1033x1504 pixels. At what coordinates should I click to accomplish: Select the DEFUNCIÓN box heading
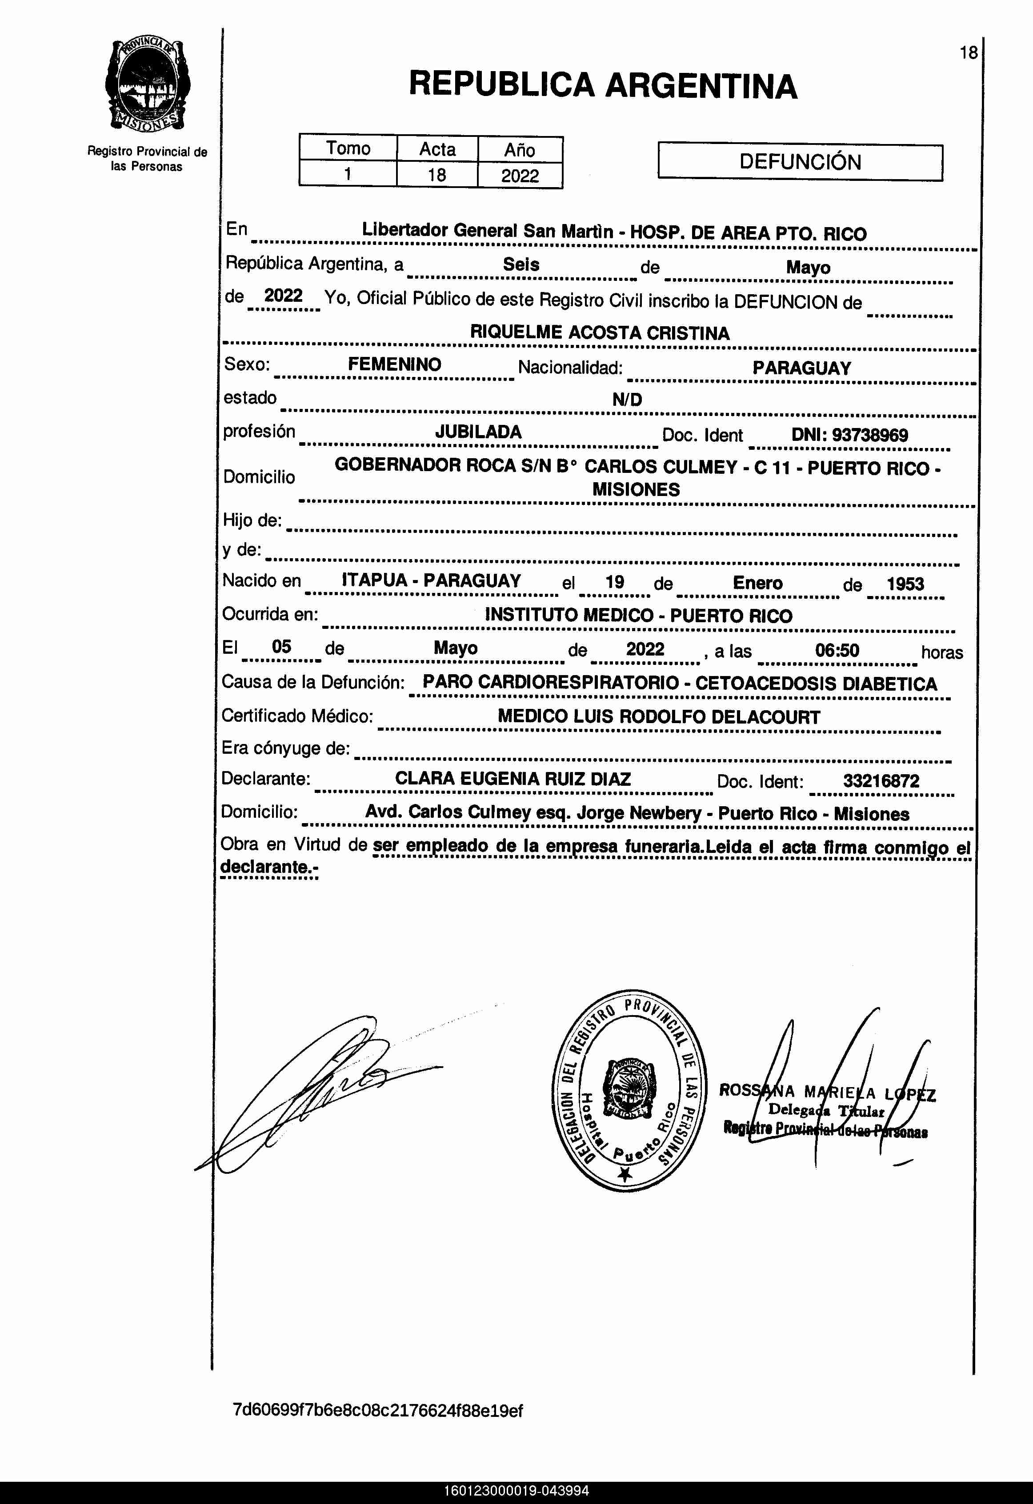[x=800, y=162]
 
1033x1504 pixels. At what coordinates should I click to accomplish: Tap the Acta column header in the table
[x=437, y=149]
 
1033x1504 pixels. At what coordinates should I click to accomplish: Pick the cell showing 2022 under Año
[x=520, y=176]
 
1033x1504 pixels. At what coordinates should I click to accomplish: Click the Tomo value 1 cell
[x=348, y=174]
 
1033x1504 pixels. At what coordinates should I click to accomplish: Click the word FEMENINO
[x=394, y=364]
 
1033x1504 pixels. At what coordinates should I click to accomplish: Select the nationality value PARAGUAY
[x=801, y=368]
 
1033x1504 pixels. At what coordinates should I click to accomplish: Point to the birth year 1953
[x=905, y=584]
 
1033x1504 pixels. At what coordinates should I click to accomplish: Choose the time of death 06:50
[x=837, y=650]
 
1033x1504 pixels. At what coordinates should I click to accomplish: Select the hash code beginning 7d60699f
[x=377, y=1411]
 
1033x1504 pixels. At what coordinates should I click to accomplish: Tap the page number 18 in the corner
[x=968, y=53]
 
